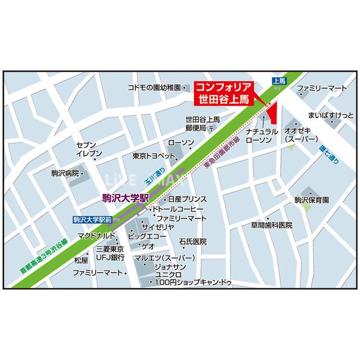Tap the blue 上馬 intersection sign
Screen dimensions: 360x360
[280, 81]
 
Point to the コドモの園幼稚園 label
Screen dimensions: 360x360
[153, 88]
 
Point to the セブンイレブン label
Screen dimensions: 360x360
[89, 148]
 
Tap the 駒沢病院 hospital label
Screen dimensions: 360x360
[63, 173]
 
